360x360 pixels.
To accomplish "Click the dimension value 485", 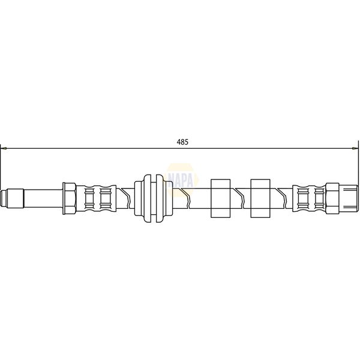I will pyautogui.click(x=182, y=142).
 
